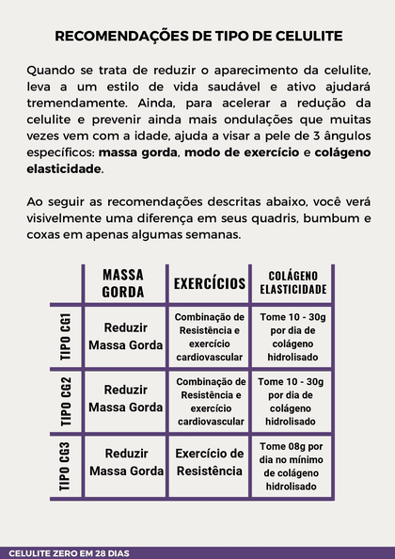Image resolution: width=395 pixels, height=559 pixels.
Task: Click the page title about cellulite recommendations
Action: point(197,37)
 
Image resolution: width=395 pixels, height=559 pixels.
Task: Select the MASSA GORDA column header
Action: point(123,282)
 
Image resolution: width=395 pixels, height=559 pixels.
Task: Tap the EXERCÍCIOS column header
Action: point(210,282)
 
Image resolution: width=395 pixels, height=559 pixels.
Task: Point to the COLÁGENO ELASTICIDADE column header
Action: point(292,282)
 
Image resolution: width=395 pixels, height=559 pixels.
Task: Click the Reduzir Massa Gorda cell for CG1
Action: point(126,336)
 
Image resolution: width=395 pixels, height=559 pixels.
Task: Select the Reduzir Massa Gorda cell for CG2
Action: point(126,398)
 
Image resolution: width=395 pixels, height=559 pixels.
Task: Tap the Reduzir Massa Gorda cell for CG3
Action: point(126,462)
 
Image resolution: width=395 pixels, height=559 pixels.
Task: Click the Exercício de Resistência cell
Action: point(210,462)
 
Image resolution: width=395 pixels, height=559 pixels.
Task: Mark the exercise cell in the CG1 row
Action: point(210,336)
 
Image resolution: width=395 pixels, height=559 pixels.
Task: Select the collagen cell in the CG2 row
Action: point(292,399)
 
